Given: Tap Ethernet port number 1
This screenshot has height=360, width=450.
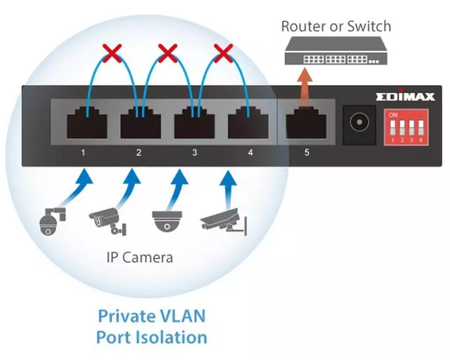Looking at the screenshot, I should pos(87,124).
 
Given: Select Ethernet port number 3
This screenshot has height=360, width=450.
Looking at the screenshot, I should pos(194,124).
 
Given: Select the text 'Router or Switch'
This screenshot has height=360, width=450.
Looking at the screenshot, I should pos(336,26).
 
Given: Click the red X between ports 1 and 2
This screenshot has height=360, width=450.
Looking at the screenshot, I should pos(112,55).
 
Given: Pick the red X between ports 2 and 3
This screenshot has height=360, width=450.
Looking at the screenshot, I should pos(167,55).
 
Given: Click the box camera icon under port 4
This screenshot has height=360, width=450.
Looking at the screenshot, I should pos(224,223).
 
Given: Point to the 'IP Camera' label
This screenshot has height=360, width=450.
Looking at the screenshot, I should pos(139,257).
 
